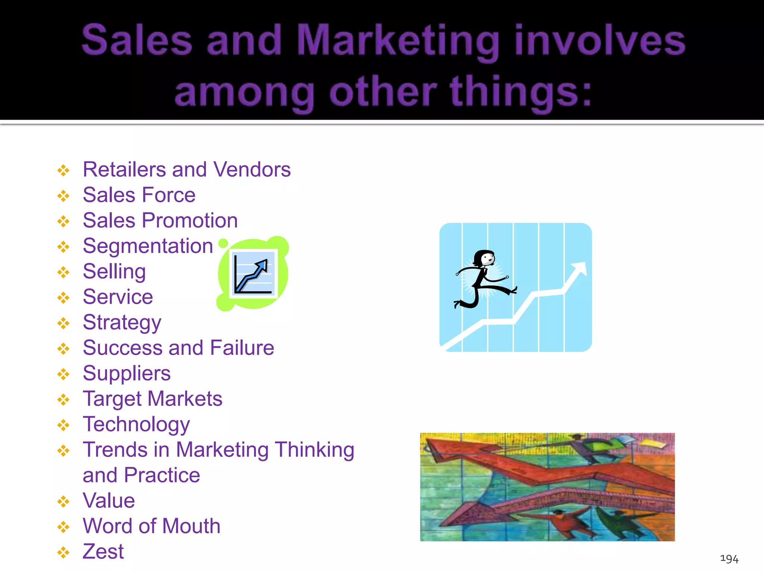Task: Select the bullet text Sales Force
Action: [139, 195]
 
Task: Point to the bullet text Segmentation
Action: [148, 246]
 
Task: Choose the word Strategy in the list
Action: [122, 322]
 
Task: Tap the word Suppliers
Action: [126, 373]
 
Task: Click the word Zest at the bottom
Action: [103, 551]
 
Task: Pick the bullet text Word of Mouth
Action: [151, 526]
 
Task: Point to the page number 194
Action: [729, 558]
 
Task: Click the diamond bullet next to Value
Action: [63, 501]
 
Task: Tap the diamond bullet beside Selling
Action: [63, 272]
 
